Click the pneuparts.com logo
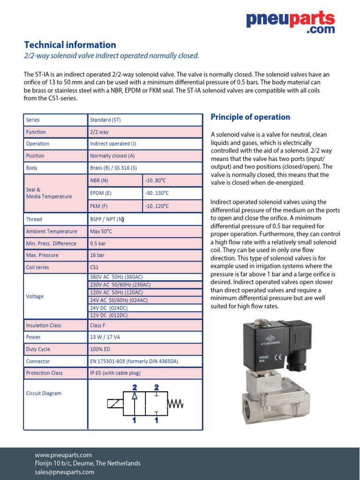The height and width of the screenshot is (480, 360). [291, 22]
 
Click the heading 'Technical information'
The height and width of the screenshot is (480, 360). [70, 45]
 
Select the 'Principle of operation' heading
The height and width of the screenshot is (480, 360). [250, 117]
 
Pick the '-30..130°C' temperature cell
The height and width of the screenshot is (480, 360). [156, 193]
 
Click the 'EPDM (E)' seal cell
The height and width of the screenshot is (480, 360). [101, 193]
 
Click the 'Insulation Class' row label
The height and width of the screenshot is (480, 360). [44, 325]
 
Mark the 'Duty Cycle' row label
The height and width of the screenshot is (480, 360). [38, 349]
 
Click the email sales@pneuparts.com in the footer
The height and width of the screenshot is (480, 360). [65, 472]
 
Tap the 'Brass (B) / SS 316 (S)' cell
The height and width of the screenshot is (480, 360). [113, 168]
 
